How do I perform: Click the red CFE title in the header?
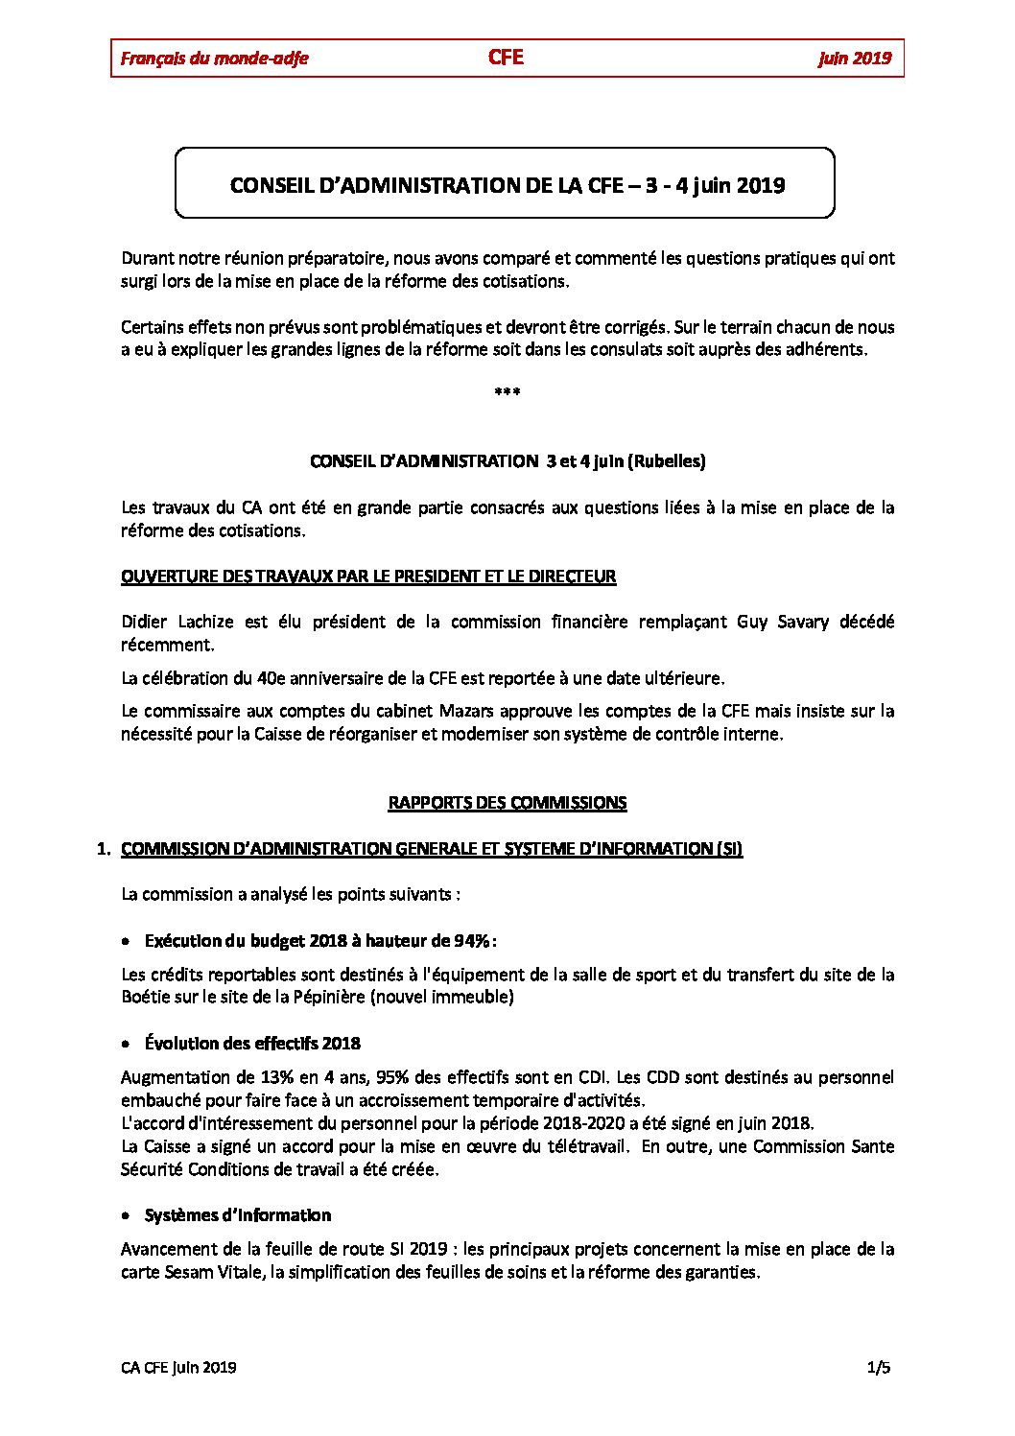(506, 57)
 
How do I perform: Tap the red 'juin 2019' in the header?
(855, 59)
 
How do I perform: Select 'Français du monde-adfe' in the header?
(215, 59)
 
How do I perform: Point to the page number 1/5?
(879, 1368)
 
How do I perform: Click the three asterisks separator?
(507, 392)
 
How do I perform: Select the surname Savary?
(802, 622)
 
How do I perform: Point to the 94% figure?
(473, 941)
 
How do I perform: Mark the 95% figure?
(394, 1077)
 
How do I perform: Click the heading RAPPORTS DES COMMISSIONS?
(507, 803)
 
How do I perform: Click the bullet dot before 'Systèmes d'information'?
(127, 1216)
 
